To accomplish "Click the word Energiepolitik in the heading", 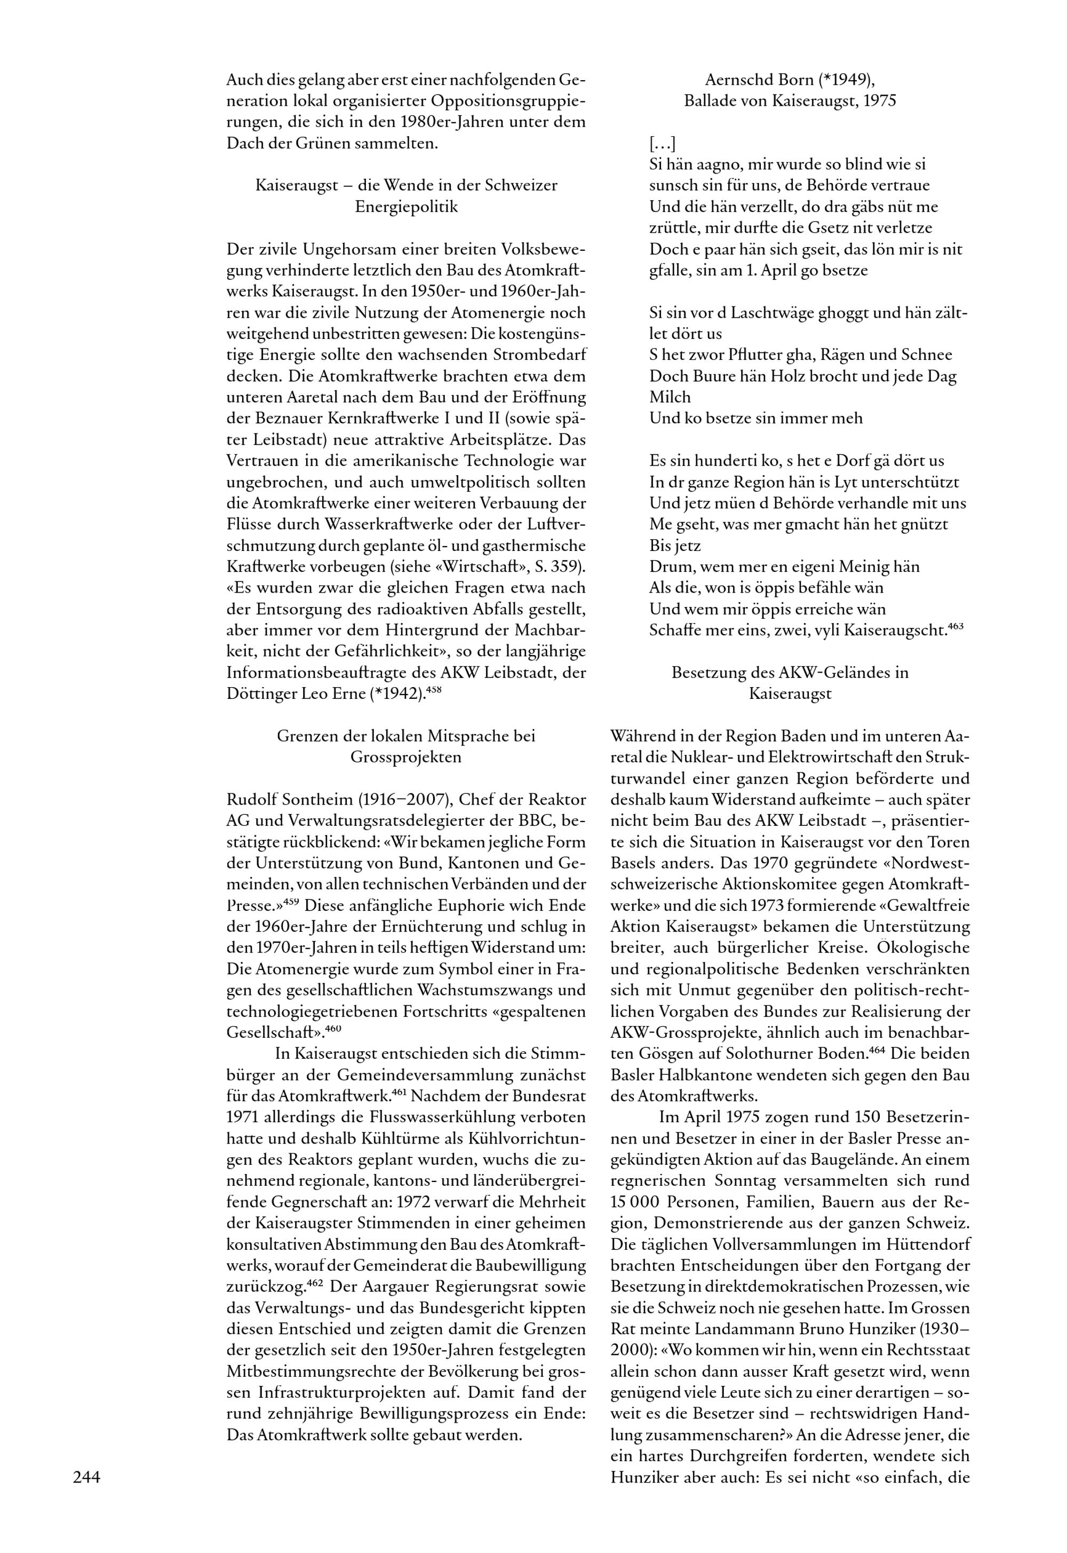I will point(407,207).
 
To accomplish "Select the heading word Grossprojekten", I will point(406,757).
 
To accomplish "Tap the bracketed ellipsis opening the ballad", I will point(662,143).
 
